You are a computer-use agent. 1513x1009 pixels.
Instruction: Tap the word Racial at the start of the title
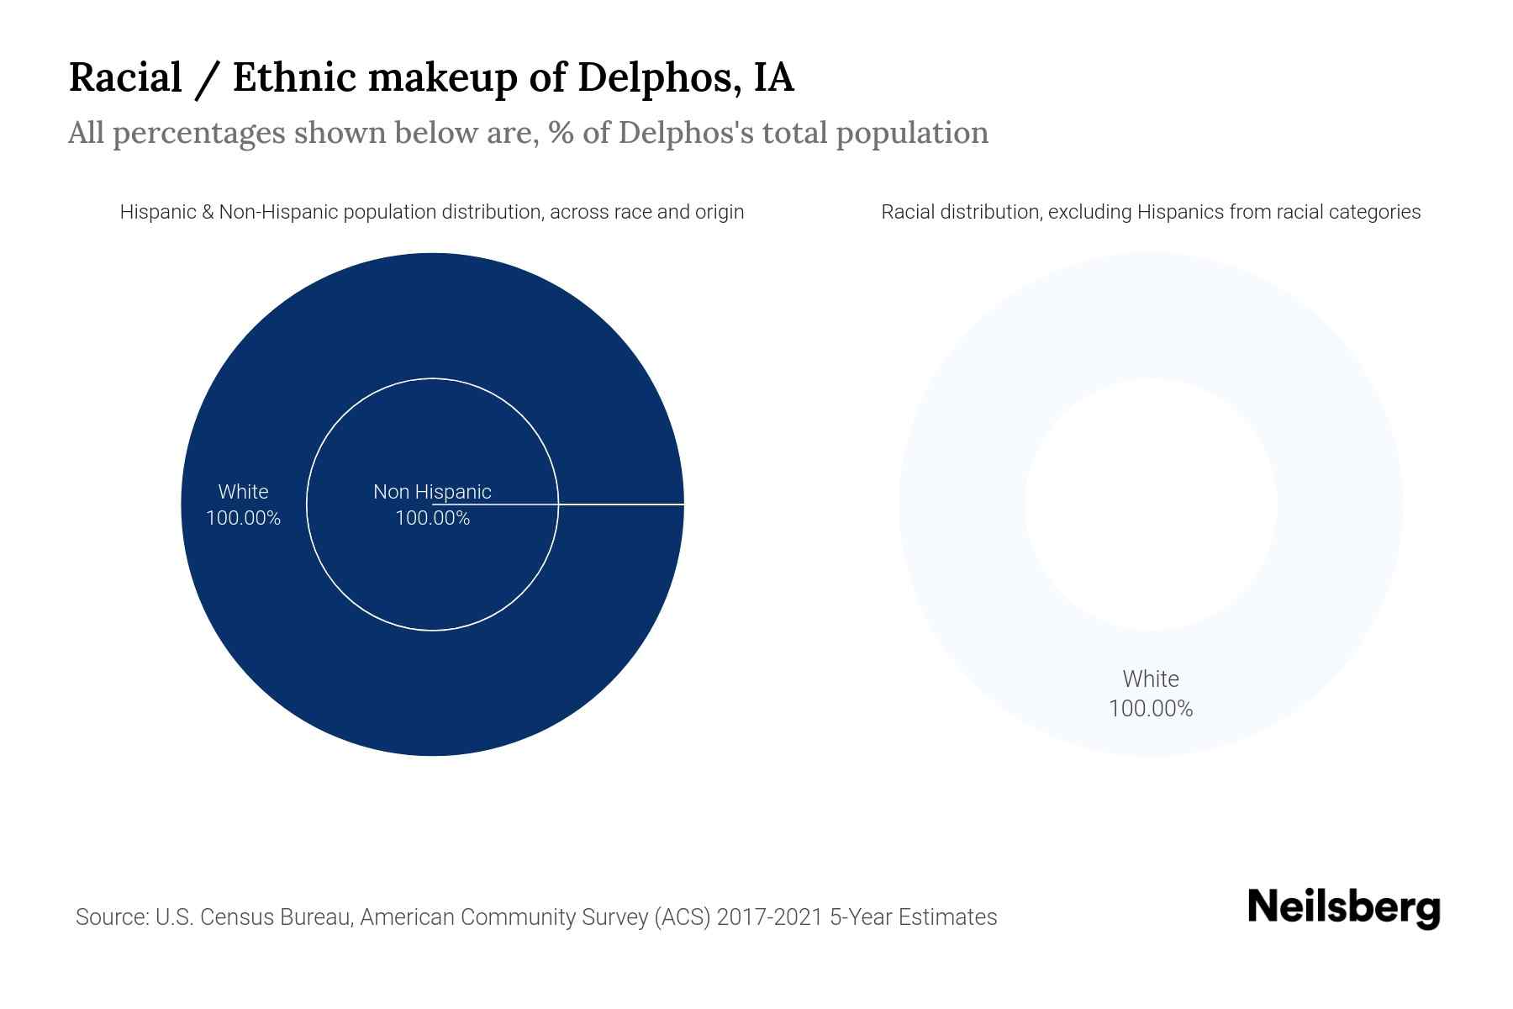click(125, 77)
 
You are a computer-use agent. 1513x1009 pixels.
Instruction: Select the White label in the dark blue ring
click(243, 492)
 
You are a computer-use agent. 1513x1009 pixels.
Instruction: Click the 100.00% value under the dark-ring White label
click(243, 518)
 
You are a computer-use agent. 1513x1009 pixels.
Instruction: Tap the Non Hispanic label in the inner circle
click(432, 492)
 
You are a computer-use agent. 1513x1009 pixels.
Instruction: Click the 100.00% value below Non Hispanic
click(432, 518)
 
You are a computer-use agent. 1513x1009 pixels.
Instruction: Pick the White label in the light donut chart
click(1151, 679)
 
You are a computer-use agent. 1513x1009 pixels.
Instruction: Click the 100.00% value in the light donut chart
click(1151, 709)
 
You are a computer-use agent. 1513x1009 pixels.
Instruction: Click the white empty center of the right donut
click(1151, 504)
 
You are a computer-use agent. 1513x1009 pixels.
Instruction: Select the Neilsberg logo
click(1343, 908)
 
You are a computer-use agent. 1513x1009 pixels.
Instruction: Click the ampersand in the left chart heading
click(208, 212)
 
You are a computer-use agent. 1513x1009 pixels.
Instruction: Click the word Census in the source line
click(239, 917)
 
